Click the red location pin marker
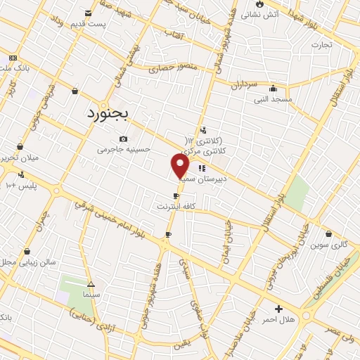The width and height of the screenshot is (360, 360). (x=180, y=166)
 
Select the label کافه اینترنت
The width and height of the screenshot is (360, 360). (x=176, y=207)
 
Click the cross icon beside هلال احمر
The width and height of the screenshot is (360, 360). (x=279, y=309)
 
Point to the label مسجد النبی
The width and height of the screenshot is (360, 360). (x=273, y=101)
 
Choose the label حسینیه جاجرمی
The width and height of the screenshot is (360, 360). (x=124, y=149)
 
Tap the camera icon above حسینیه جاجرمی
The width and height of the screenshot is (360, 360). (x=124, y=139)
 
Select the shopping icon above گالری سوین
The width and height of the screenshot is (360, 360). (x=328, y=233)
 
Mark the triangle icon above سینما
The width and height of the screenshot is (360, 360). (x=90, y=284)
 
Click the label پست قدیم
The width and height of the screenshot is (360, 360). (x=88, y=25)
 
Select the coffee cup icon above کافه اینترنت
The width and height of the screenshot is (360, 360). (x=176, y=196)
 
